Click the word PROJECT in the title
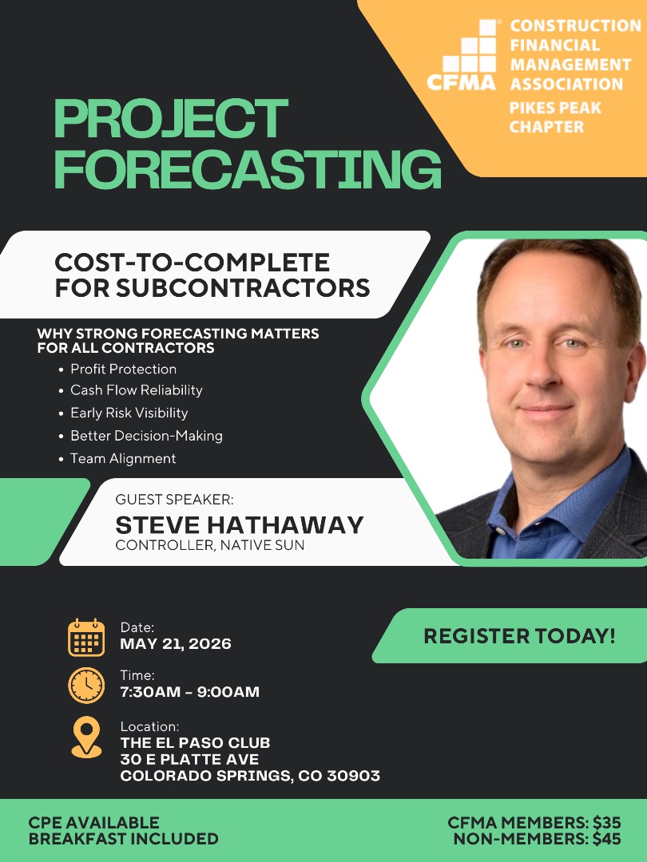(x=170, y=119)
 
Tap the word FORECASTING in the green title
(x=247, y=168)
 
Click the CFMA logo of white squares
(x=468, y=56)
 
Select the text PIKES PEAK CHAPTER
(x=555, y=117)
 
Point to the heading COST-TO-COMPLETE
(x=191, y=262)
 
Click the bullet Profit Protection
(x=123, y=369)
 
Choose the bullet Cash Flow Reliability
(x=136, y=390)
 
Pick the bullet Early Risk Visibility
(x=129, y=413)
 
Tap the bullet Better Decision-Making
(x=146, y=436)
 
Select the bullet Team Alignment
(x=123, y=458)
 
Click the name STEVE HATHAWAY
(x=240, y=524)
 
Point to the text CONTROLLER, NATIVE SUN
(x=210, y=546)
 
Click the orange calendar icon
(x=86, y=638)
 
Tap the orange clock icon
(x=86, y=685)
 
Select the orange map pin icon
(x=86, y=736)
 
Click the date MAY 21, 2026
(x=176, y=644)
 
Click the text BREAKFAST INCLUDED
(x=124, y=839)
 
